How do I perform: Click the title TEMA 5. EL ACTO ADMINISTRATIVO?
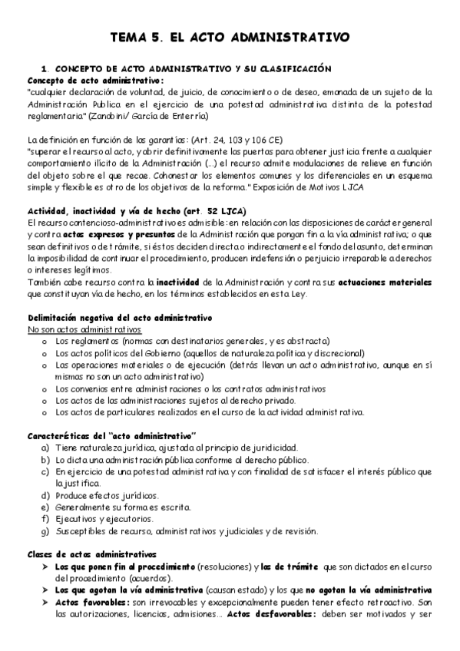point(230,36)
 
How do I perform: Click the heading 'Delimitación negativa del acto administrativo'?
point(120,318)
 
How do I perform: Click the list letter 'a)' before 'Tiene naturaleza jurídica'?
point(45,448)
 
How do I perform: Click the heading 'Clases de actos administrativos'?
point(91,554)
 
